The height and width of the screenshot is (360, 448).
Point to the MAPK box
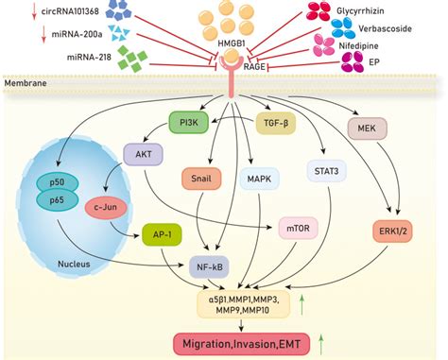(x=259, y=177)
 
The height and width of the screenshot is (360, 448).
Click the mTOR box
(x=298, y=227)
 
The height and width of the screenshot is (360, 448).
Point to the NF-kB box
(x=213, y=266)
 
